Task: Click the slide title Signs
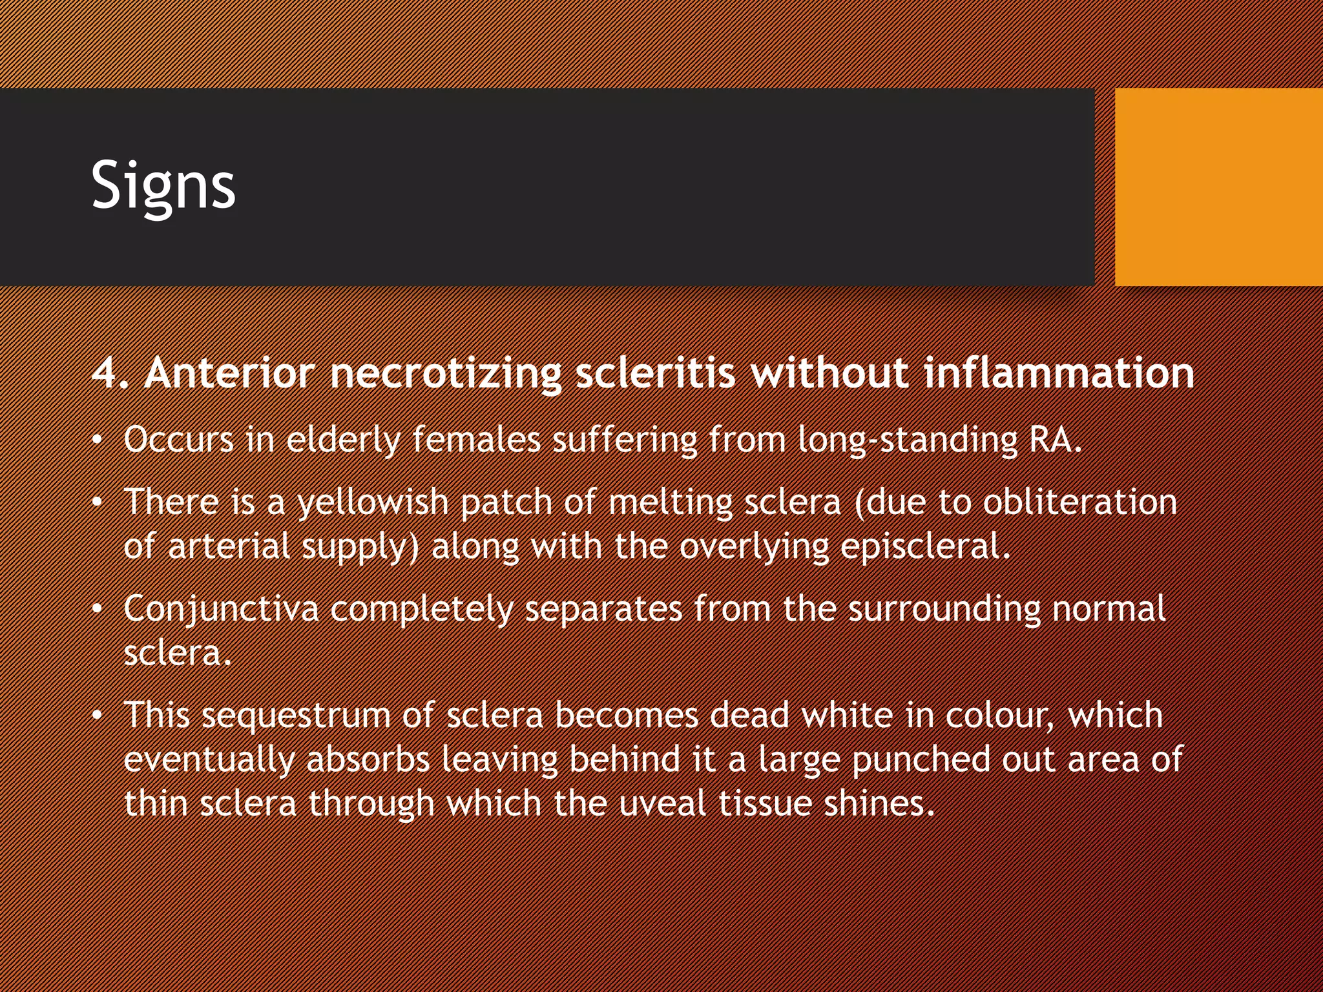tap(163, 186)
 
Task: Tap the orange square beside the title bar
tap(1218, 187)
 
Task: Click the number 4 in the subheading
tap(105, 373)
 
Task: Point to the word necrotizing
tap(446, 375)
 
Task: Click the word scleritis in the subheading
tap(655, 373)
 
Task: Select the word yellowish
tap(373, 503)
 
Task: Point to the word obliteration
tap(1080, 502)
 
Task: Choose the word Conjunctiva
tap(221, 609)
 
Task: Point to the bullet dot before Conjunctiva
tap(97, 610)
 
